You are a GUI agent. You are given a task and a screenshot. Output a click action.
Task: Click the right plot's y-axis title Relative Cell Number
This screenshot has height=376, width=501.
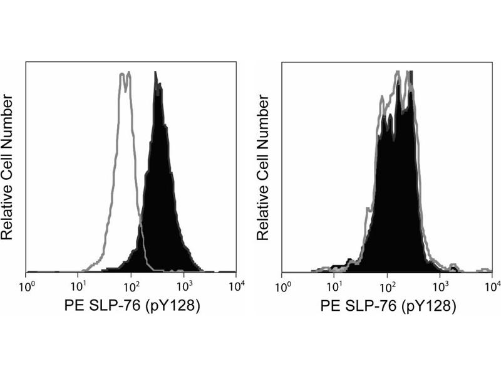[x=266, y=167]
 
